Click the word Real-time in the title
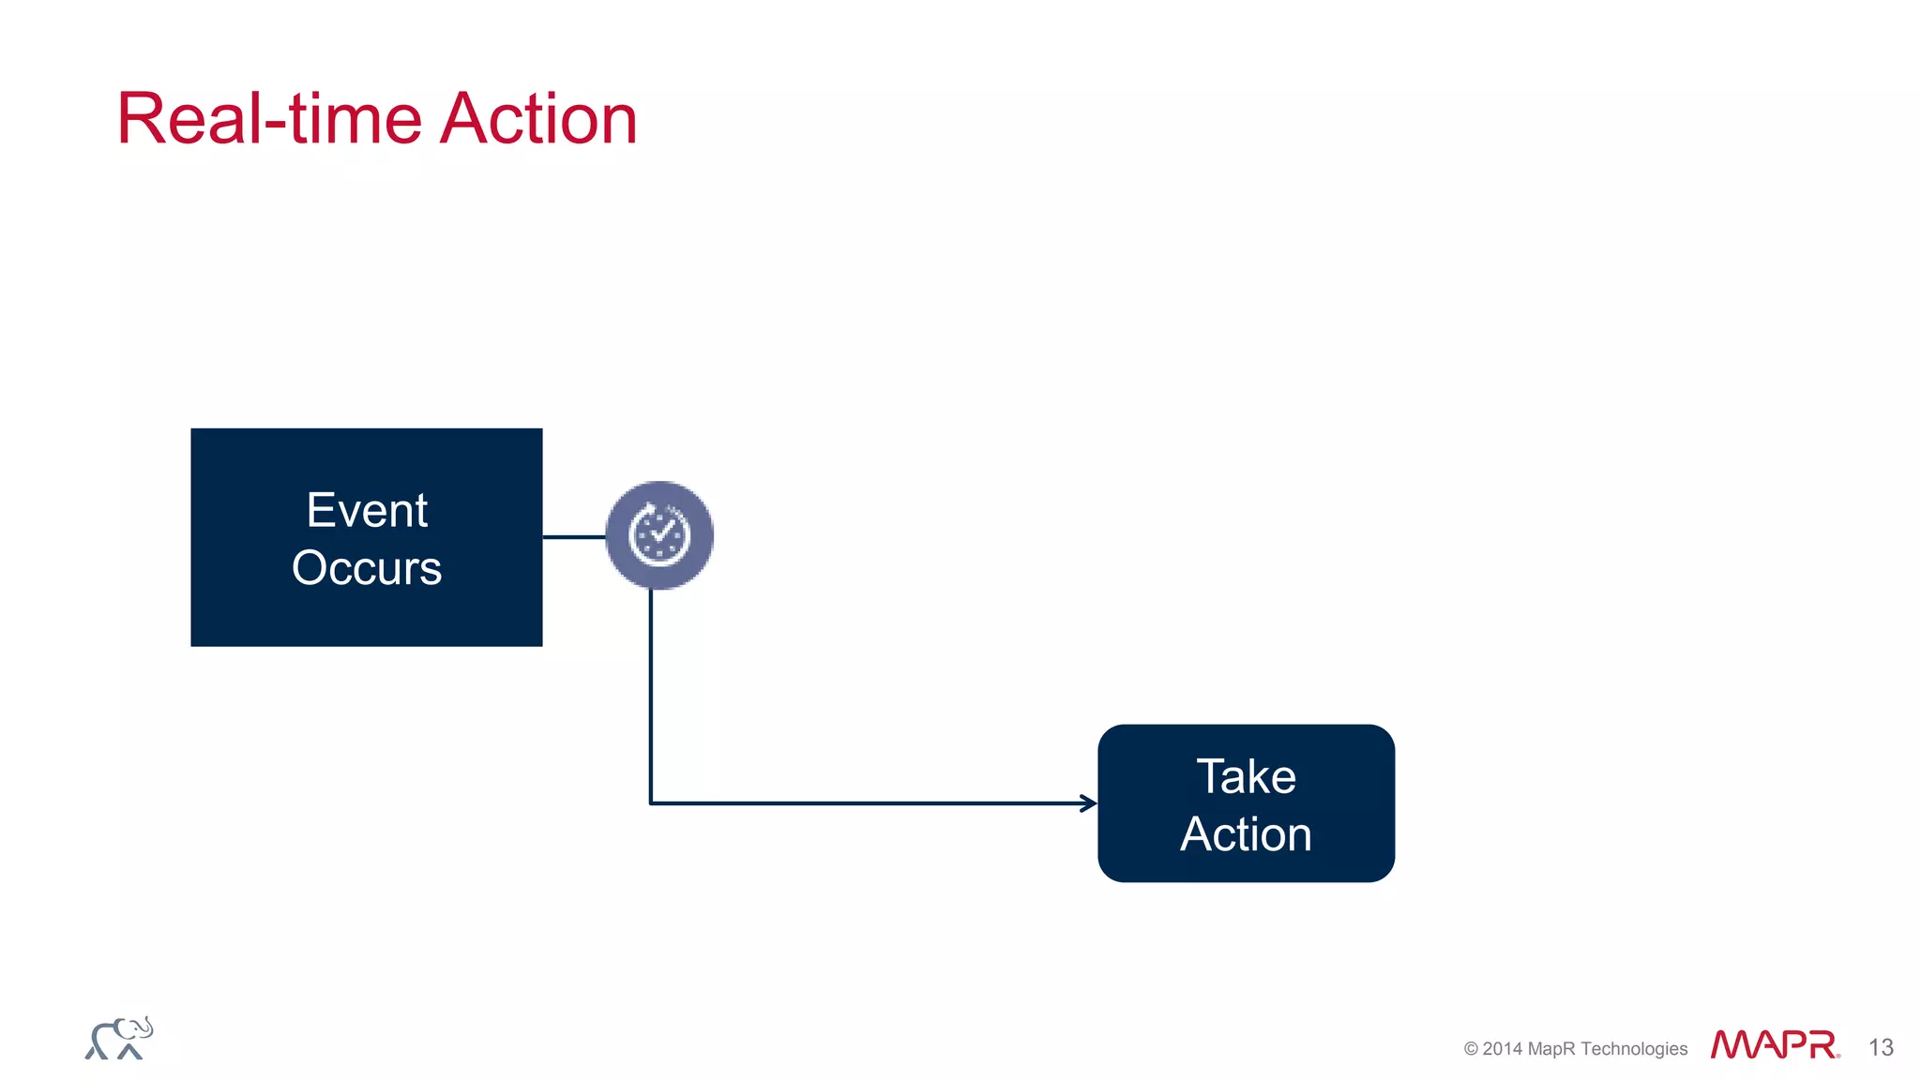coord(269,119)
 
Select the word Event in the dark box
coord(367,511)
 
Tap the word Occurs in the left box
coord(367,568)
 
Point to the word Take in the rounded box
coord(1246,777)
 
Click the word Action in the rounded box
coord(1246,834)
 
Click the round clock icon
coord(659,535)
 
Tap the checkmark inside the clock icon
coord(662,533)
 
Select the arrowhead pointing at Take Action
coord(1089,803)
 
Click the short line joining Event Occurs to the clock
coord(574,537)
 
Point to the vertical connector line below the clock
coord(651,694)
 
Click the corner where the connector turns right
coord(651,803)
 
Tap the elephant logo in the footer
coord(119,1039)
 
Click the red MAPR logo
coord(1774,1044)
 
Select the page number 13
coord(1881,1047)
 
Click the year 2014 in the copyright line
coord(1503,1049)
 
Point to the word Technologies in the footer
coord(1634,1049)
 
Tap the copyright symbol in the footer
coord(1471,1049)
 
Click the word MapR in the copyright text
coord(1551,1049)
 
